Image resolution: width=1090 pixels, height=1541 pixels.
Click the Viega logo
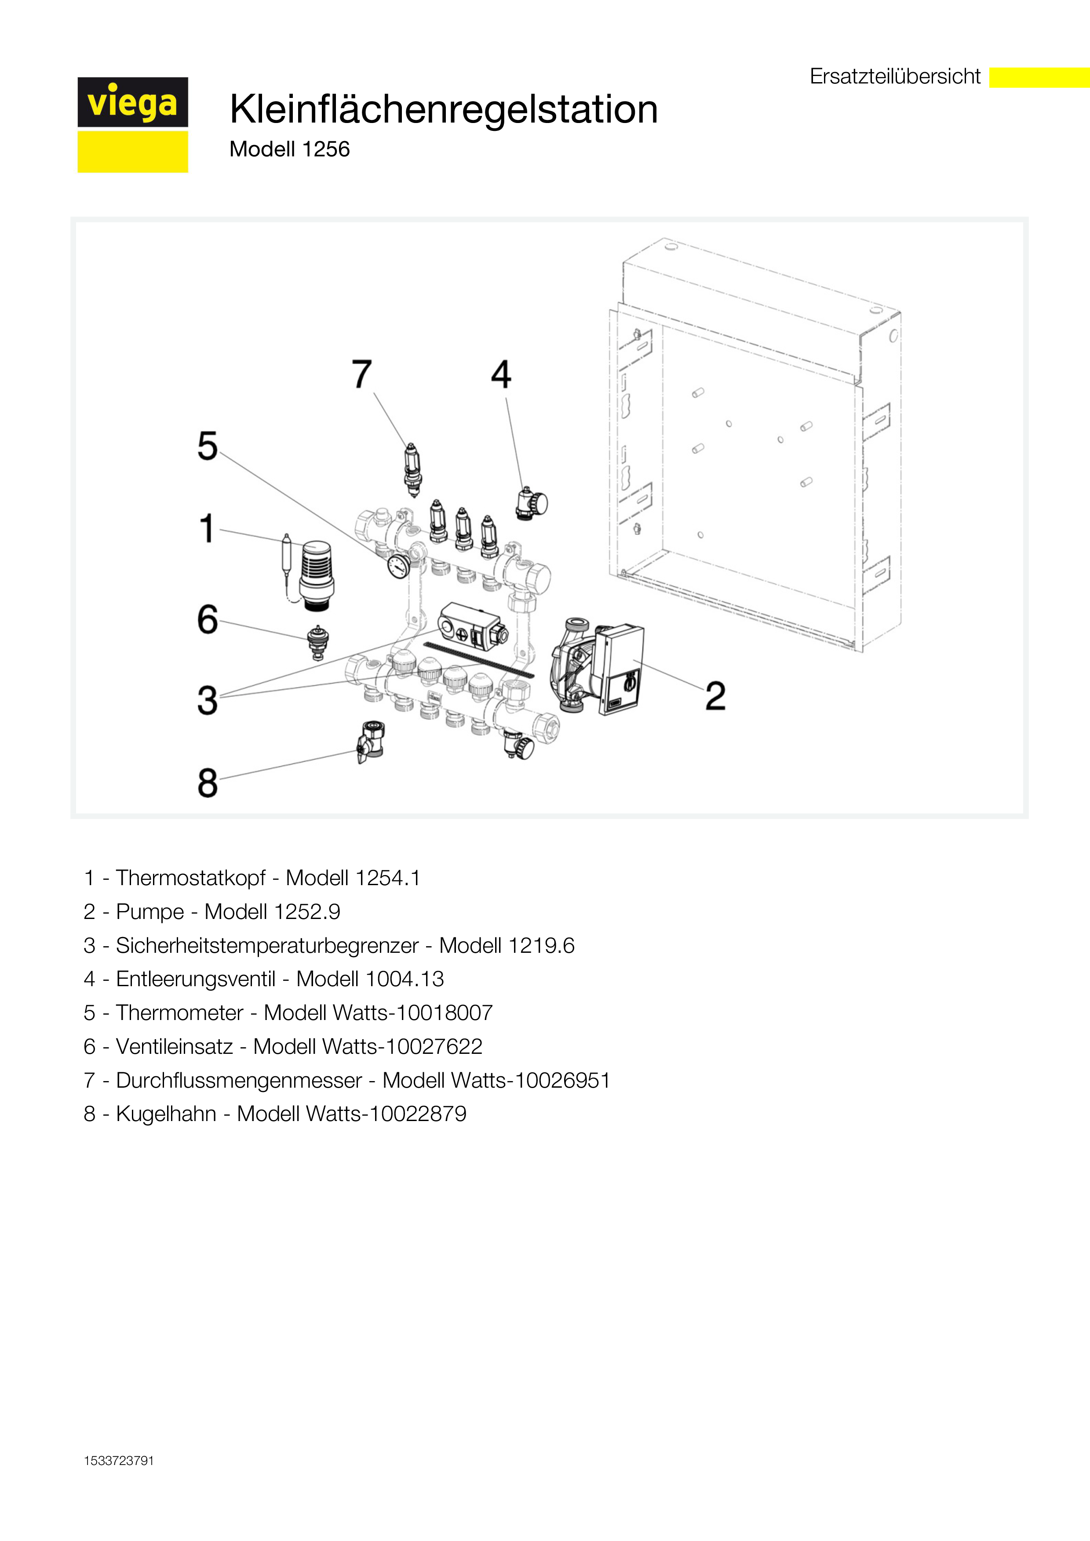133,125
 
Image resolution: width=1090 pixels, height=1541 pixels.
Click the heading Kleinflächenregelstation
443,109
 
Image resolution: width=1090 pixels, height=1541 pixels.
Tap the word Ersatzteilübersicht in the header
895,76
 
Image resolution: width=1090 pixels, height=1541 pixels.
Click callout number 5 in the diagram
208,446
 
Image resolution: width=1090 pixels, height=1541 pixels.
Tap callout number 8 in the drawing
208,783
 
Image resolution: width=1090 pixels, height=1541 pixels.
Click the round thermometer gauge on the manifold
398,567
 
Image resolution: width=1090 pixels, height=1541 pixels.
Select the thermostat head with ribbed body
316,575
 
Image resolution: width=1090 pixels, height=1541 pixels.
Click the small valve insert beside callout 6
317,642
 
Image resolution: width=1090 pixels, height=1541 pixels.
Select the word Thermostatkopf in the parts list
191,878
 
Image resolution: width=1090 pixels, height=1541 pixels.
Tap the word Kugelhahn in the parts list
166,1114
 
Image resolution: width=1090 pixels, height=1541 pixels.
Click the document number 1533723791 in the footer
119,1461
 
